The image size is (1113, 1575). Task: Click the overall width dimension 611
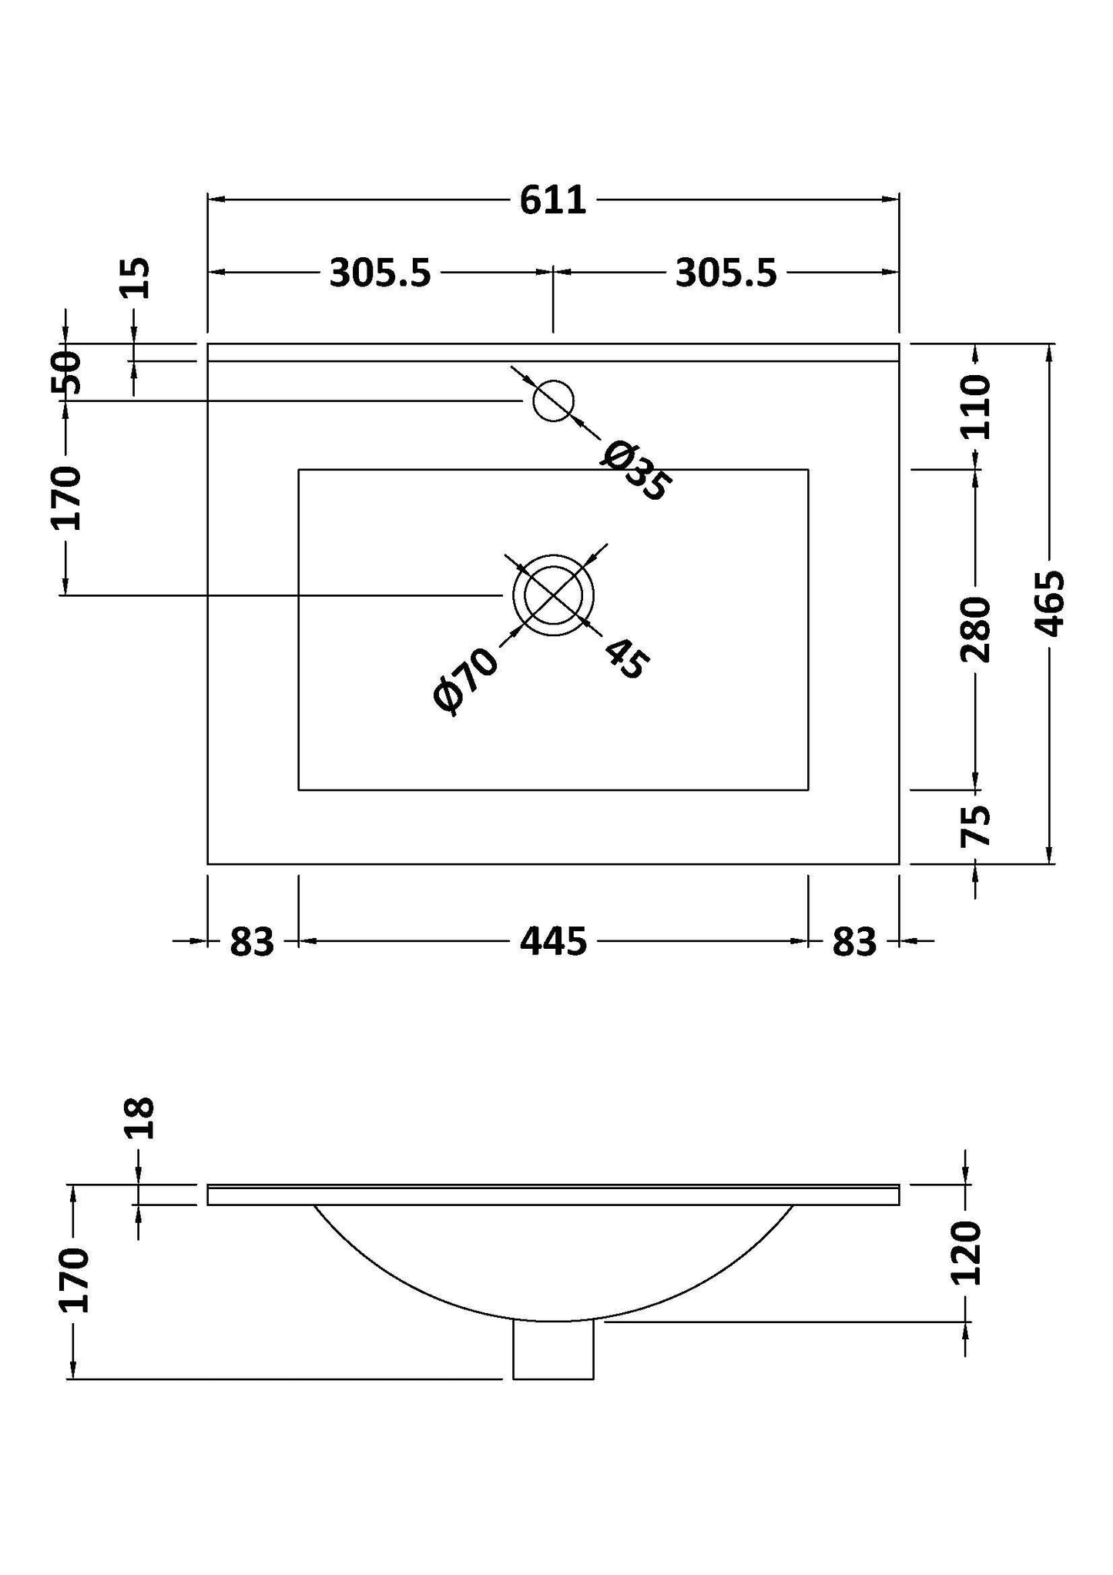553,201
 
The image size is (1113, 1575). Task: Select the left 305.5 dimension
380,273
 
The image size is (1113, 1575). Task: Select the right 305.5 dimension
726,273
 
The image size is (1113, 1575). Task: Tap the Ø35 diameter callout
635,471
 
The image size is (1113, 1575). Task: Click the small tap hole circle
554,400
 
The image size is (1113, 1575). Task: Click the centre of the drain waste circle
554,595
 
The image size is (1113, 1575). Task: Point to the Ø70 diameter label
467,680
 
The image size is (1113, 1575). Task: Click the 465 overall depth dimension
1050,603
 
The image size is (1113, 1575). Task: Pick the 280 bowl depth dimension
976,629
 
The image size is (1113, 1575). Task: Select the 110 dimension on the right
977,406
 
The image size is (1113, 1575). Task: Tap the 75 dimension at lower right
976,826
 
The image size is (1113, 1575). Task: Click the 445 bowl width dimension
553,941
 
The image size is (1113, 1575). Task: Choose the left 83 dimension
252,941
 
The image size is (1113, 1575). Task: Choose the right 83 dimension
854,941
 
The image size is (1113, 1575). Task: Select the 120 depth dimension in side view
967,1253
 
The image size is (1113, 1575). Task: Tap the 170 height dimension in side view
74,1280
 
